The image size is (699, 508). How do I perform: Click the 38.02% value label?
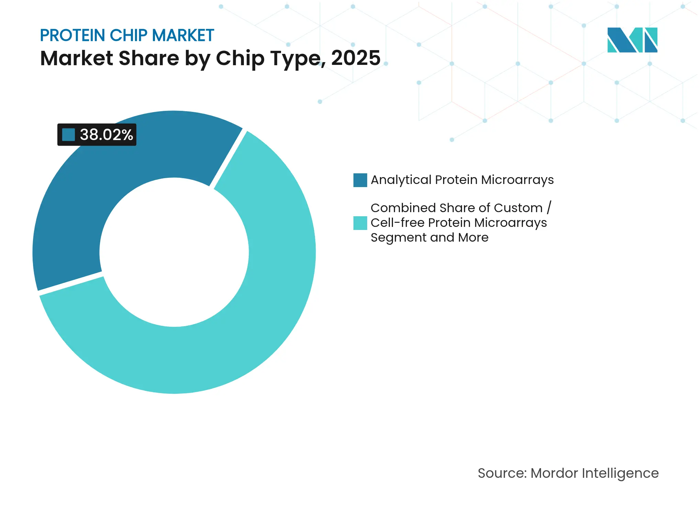point(106,135)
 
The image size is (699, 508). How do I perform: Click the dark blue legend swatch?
point(360,180)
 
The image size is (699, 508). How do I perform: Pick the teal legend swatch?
point(360,223)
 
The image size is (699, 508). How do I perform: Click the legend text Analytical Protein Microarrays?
point(462,180)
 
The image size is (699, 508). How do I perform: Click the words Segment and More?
point(429,238)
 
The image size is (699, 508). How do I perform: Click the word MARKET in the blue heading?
point(183,35)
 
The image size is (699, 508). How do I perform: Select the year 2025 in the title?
point(356,58)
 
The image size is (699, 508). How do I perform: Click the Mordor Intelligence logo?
point(632,40)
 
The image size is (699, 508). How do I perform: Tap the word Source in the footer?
point(502,473)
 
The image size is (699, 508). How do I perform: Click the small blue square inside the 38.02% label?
point(68,135)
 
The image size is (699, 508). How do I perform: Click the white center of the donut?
point(174,252)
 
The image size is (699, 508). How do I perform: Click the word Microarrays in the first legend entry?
point(517,180)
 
